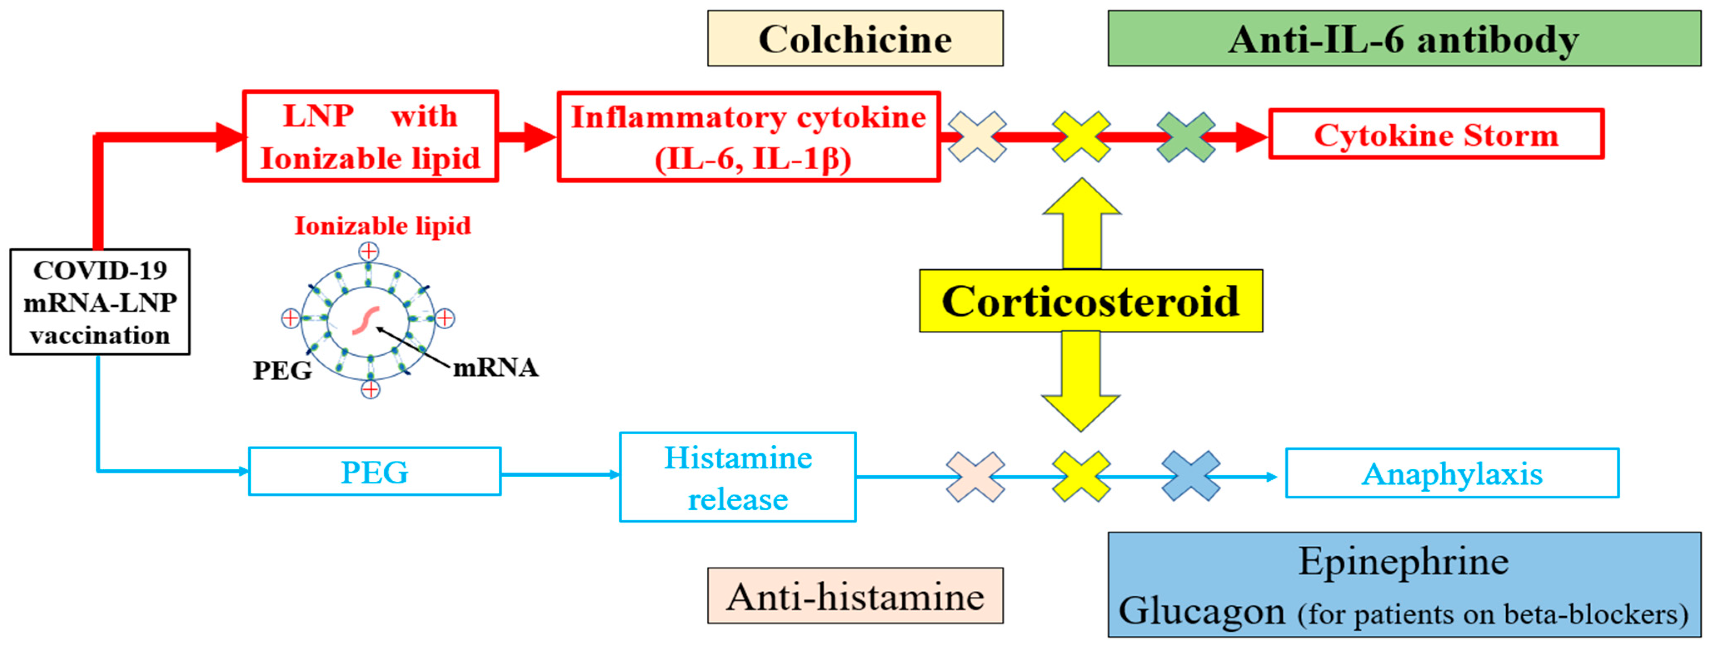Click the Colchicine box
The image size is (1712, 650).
pos(855,39)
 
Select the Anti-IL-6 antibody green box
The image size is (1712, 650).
pos(1404,39)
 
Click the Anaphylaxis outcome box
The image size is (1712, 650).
pos(1452,473)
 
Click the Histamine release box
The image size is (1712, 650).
pos(738,477)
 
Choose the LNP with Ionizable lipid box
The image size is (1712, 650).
pos(370,136)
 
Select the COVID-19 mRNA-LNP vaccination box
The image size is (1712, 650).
pos(100,302)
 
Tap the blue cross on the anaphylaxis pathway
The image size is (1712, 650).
pos(1190,476)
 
